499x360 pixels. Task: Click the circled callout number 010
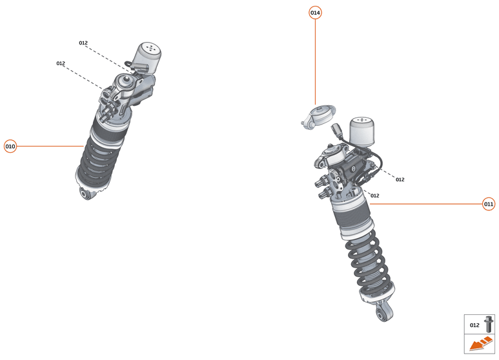tap(10, 146)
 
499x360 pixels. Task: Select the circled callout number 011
tap(489, 204)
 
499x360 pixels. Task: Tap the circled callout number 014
tap(315, 13)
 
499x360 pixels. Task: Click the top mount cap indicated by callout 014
tap(317, 117)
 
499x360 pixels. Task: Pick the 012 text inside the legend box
tap(474, 325)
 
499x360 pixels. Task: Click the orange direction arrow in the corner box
tap(480, 345)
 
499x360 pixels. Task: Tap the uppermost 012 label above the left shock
tap(83, 43)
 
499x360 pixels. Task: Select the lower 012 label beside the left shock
tap(61, 63)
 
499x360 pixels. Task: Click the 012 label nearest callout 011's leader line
tap(374, 195)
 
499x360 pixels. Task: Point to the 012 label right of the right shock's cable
tap(400, 179)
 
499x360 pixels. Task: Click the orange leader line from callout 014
tap(315, 61)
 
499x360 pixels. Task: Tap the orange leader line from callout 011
tap(426, 204)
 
